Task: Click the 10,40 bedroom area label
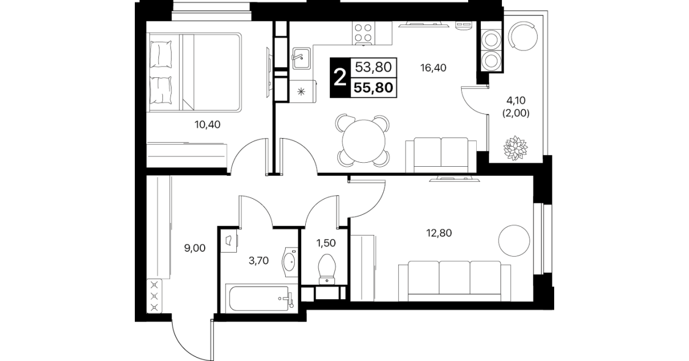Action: [207, 125]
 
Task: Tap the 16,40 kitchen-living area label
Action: [433, 68]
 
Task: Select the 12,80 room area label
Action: [439, 233]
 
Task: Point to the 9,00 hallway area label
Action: [194, 248]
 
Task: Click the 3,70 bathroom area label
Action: [258, 261]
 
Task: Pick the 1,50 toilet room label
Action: [326, 244]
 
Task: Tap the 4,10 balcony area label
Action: [516, 100]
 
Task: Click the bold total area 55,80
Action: [373, 88]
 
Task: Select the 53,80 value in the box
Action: [373, 67]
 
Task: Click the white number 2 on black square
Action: [340, 78]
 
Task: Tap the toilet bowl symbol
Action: [326, 269]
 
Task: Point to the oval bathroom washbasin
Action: [289, 262]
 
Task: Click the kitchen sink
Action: [301, 58]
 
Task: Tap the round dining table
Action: [364, 141]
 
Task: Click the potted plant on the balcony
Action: [515, 148]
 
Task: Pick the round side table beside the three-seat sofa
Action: [514, 240]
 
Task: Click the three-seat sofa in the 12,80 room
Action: [454, 281]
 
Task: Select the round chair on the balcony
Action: [523, 36]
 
